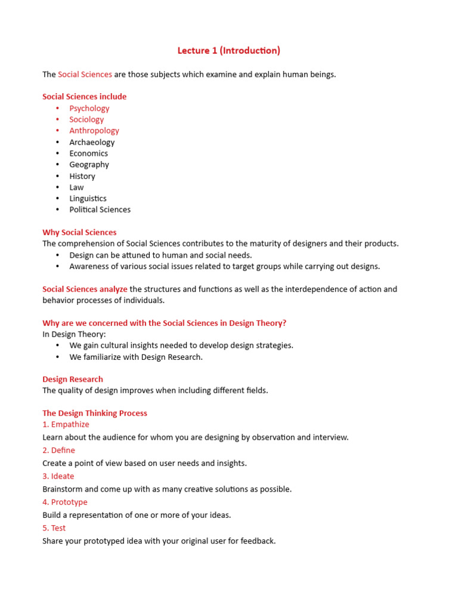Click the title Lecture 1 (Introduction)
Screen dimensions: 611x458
(228, 51)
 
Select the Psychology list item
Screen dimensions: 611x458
(89, 108)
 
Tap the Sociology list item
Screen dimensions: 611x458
(86, 119)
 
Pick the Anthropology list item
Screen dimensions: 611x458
(94, 131)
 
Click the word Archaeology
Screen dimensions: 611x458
(92, 142)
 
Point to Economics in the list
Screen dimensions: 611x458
(88, 153)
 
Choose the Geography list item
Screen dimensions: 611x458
(89, 165)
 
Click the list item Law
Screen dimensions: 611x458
(76, 187)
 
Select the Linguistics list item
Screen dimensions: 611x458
(88, 199)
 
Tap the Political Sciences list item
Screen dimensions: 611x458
(100, 210)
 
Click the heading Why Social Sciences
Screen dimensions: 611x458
(79, 233)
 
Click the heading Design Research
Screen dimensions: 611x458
(73, 379)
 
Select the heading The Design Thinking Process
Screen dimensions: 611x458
(95, 413)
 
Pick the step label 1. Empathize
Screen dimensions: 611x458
(66, 425)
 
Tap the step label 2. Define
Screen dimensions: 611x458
(58, 450)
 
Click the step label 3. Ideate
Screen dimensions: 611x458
(58, 477)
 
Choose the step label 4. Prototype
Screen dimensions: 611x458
(65, 502)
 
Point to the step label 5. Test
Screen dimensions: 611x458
(54, 528)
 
